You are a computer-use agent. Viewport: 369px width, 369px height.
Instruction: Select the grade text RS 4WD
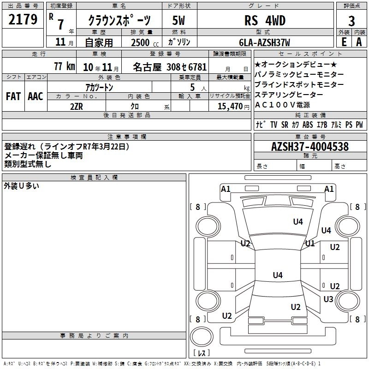pyautogui.click(x=265, y=20)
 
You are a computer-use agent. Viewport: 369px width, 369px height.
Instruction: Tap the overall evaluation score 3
pyautogui.click(x=351, y=21)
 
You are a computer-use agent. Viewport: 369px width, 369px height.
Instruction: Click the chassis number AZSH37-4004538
pyautogui.click(x=310, y=147)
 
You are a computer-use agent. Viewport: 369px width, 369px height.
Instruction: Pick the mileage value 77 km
pyautogui.click(x=64, y=66)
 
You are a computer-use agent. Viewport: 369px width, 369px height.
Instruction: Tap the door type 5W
pyautogui.click(x=179, y=20)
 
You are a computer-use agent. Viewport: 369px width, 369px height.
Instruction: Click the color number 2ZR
pyautogui.click(x=76, y=107)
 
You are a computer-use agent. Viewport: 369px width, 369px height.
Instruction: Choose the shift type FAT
pyautogui.click(x=13, y=96)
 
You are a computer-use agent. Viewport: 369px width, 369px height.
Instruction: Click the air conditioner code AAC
pyautogui.click(x=35, y=96)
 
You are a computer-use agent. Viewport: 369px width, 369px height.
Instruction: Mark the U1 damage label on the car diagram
pyautogui.click(x=309, y=243)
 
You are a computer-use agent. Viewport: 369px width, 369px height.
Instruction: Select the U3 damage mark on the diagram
pyautogui.click(x=328, y=299)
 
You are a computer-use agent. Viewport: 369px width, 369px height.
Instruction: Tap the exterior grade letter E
pyautogui.click(x=344, y=42)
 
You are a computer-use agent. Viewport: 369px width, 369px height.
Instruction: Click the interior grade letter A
pyautogui.click(x=358, y=42)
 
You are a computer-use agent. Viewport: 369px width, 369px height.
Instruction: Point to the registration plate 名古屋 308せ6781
pyautogui.click(x=169, y=66)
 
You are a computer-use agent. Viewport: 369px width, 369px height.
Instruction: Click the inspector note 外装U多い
pyautogui.click(x=22, y=186)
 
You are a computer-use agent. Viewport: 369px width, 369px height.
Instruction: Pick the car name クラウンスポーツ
pyautogui.click(x=119, y=21)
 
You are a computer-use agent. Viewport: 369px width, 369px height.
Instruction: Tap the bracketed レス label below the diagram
pyautogui.click(x=202, y=353)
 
